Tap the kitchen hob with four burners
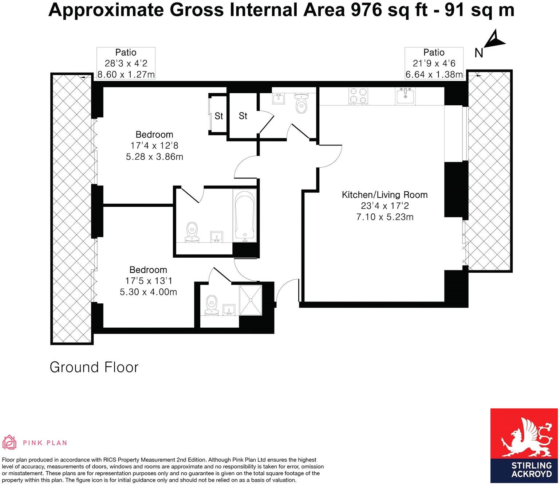(x=358, y=96)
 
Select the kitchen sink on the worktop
(x=405, y=96)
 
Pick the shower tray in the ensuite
(x=251, y=300)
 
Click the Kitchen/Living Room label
(x=384, y=195)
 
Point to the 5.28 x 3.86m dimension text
(x=154, y=157)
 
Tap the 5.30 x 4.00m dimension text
(x=148, y=292)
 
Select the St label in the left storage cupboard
(x=218, y=116)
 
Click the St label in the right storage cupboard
(x=243, y=116)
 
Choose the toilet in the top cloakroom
(x=301, y=104)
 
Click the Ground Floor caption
(x=94, y=367)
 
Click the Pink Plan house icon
(x=9, y=443)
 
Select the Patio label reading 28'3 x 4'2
(x=126, y=63)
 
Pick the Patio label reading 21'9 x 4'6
(x=434, y=63)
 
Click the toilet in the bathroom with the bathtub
(x=192, y=232)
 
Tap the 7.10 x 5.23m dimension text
(x=385, y=217)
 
